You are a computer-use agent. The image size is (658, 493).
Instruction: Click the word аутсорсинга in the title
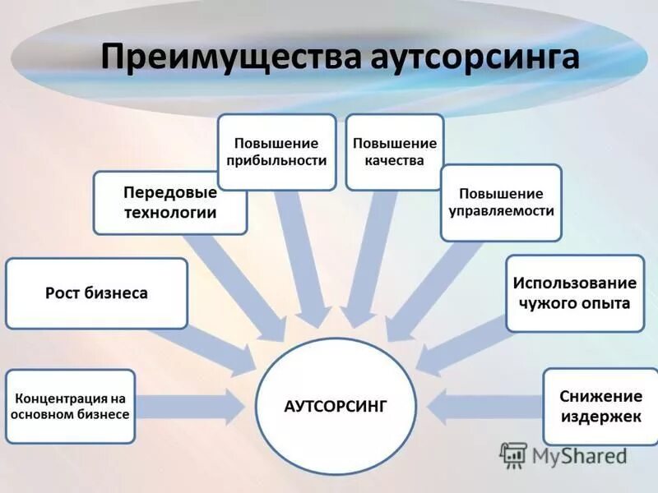[470, 58]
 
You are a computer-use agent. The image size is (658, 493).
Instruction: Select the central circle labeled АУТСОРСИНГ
[335, 405]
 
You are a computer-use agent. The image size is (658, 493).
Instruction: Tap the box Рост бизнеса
[97, 293]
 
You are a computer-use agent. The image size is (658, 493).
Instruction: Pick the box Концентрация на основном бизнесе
[70, 406]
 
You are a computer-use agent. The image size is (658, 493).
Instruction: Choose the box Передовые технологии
[170, 203]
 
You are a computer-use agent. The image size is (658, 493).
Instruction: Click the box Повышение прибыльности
[277, 152]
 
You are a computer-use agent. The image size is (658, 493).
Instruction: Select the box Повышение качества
[395, 152]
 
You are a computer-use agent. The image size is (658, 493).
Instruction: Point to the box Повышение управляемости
[501, 202]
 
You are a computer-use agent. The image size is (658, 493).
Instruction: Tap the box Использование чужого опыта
[575, 293]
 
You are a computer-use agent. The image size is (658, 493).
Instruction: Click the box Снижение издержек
[600, 406]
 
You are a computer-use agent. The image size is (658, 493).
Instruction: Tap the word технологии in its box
[170, 213]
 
